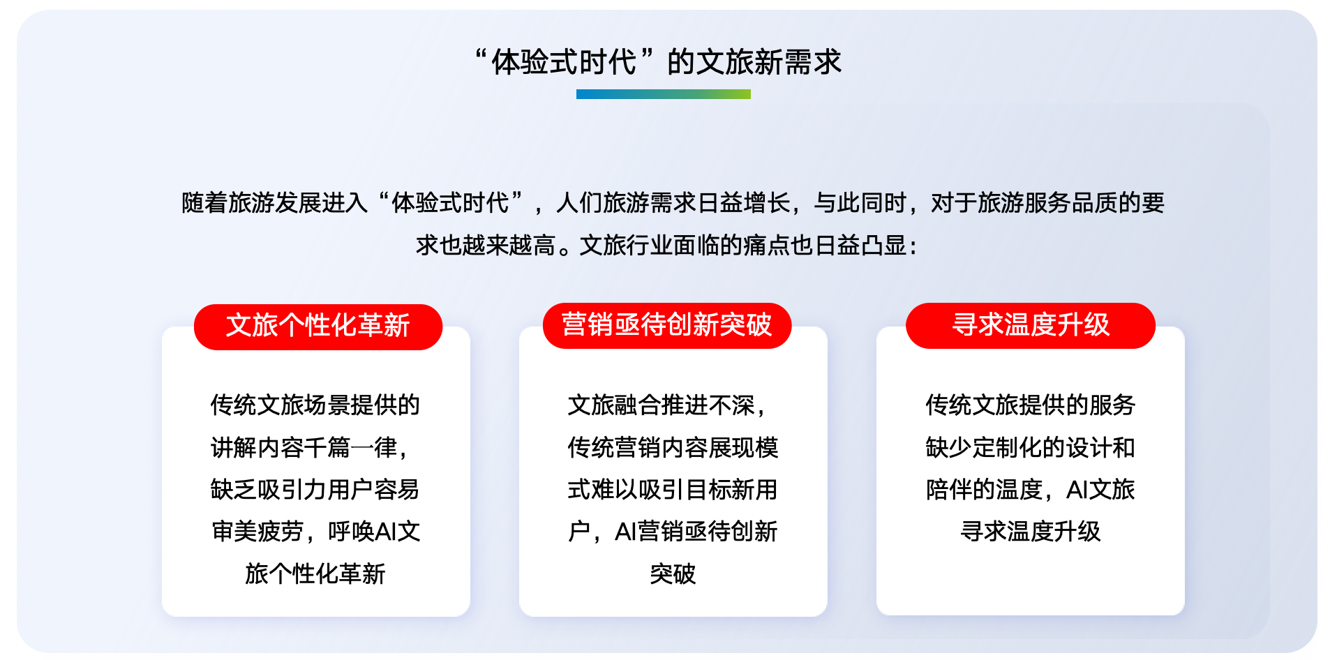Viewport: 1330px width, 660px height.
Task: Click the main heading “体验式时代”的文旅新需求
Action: tap(658, 62)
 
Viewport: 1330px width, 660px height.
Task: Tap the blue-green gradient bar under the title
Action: tap(663, 94)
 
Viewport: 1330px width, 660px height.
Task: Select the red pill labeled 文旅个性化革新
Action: tap(318, 327)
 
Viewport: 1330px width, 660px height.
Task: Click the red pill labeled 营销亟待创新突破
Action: tap(667, 325)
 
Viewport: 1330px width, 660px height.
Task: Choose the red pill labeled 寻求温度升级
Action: tap(1031, 325)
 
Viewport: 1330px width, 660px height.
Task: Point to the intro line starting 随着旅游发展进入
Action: tap(673, 203)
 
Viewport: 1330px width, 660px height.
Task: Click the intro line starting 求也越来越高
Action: tap(666, 246)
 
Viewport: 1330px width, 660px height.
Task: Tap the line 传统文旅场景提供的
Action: tap(315, 405)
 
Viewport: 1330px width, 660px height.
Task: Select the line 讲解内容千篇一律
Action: tap(309, 447)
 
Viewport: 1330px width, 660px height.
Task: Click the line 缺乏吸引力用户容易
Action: tap(315, 490)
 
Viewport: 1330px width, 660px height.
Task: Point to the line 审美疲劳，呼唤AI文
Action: tap(315, 532)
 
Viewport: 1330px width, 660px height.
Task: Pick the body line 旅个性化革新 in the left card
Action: tap(315, 574)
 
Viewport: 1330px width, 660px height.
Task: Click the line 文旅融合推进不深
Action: tap(667, 405)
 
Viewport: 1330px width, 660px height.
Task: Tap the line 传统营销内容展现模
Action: tap(673, 447)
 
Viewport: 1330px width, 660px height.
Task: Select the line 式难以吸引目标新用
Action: tap(673, 490)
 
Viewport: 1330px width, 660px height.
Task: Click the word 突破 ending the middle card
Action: tap(673, 574)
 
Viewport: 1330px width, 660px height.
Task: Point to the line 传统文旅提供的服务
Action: tap(1031, 405)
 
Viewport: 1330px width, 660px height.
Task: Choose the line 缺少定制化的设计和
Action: tap(1031, 447)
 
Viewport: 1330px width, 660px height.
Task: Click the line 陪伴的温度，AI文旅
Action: tap(1031, 490)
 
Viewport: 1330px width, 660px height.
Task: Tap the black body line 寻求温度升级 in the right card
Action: tap(1031, 532)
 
